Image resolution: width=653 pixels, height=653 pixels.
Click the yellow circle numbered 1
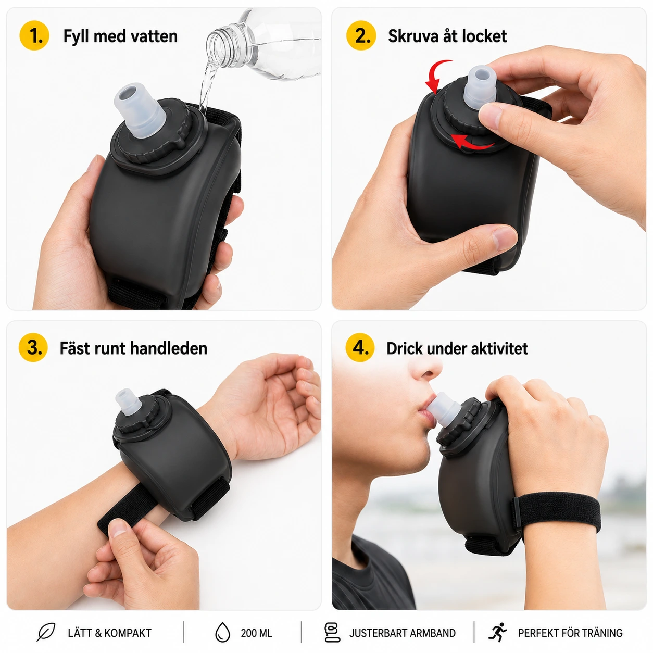click(x=34, y=35)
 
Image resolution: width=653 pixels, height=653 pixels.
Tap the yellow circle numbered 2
click(x=361, y=35)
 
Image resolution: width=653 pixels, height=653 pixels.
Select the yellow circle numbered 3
click(x=33, y=347)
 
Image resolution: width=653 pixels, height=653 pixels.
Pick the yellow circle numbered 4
click(x=360, y=347)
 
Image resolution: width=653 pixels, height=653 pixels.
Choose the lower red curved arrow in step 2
click(x=472, y=143)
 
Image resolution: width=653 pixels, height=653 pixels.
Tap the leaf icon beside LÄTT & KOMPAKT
click(x=46, y=632)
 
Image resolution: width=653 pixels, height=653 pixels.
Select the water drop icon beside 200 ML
click(x=222, y=632)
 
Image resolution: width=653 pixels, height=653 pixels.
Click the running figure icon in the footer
click(x=497, y=632)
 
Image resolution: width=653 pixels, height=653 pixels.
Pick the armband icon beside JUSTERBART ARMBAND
click(x=332, y=632)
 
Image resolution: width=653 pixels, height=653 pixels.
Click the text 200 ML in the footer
click(x=257, y=633)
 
